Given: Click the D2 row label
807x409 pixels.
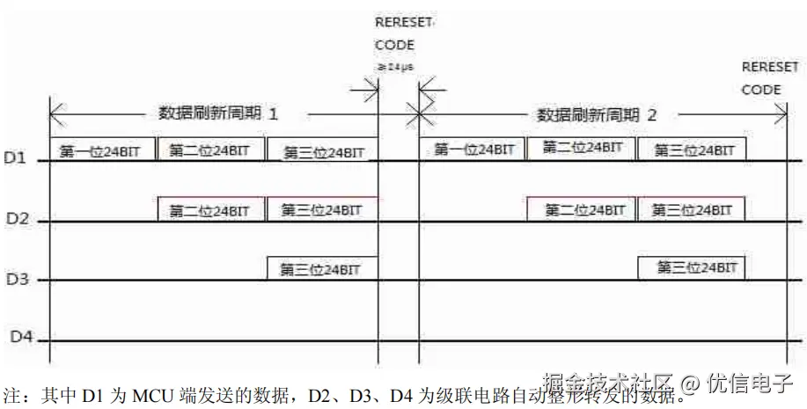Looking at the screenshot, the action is [x=18, y=217].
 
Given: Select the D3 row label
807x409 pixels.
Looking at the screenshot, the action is [x=18, y=279].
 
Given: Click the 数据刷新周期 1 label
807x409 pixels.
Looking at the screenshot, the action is [x=217, y=113].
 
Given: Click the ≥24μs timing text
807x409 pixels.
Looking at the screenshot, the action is [x=394, y=67].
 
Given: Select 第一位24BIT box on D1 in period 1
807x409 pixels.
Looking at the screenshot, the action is [x=102, y=150].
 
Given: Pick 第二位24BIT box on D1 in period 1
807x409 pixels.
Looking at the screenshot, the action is [x=211, y=150].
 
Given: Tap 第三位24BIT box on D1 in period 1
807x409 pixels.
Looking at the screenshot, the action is [x=323, y=151].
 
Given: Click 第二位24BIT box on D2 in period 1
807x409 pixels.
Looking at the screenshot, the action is [x=211, y=210].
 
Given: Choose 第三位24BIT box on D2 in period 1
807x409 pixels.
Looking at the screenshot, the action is [x=321, y=209].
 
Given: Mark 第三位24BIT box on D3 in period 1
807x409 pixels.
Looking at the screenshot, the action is [x=321, y=268].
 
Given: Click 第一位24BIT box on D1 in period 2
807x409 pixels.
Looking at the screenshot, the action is [x=473, y=150].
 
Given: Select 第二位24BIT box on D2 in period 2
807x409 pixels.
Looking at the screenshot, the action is [x=583, y=210].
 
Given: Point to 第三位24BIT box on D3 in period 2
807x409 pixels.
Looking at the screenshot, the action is [x=691, y=267].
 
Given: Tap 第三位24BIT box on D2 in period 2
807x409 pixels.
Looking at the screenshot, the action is [x=692, y=209].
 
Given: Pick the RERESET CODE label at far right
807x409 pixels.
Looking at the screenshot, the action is [x=769, y=78].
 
